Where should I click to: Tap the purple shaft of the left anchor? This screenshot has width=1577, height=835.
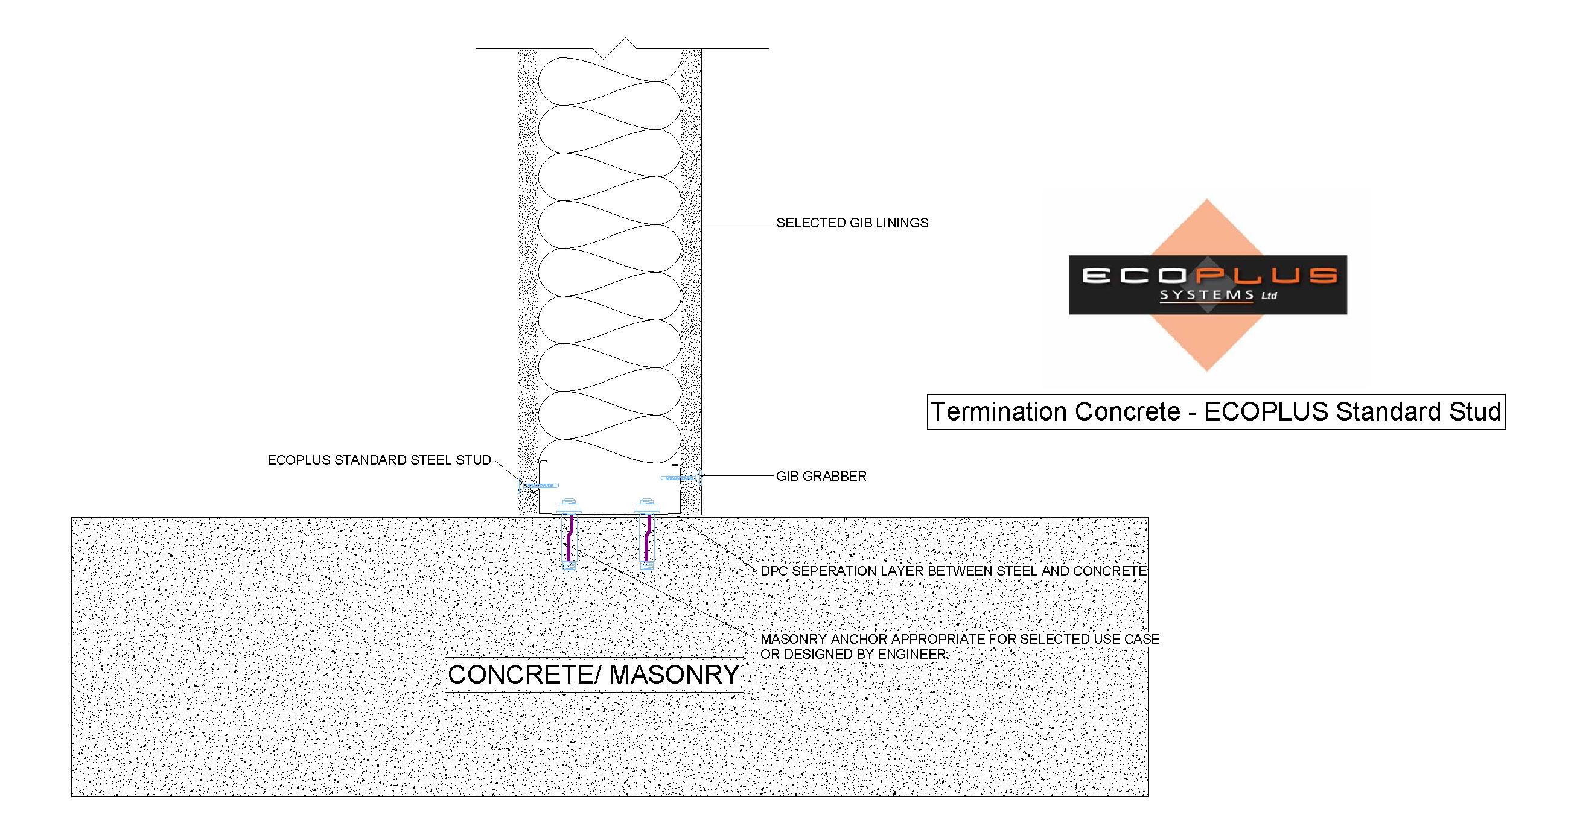pos(570,539)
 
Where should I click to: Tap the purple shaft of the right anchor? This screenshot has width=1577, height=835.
pos(646,539)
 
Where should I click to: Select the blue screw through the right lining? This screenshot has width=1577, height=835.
pos(681,477)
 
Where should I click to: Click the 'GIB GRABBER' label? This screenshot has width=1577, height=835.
pos(821,476)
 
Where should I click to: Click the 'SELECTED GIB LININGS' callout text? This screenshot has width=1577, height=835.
pos(852,223)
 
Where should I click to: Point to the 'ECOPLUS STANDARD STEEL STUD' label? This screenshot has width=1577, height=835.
pos(380,460)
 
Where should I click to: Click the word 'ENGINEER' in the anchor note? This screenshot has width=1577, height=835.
pos(911,654)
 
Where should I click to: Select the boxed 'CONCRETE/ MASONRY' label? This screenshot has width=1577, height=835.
pos(594,675)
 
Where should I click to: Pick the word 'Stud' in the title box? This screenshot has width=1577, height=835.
pos(1475,411)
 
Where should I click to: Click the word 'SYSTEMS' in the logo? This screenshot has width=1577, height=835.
pos(1206,295)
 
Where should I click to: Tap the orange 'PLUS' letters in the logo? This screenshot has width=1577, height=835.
pos(1273,276)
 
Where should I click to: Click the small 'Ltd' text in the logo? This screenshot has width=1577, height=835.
pos(1269,296)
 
